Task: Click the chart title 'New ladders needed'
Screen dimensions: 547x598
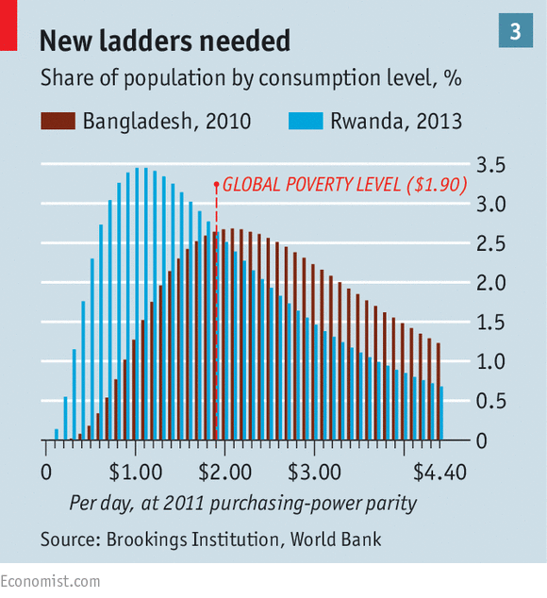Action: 165,41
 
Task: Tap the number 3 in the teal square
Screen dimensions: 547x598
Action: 515,31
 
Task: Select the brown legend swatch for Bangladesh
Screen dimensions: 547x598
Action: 58,121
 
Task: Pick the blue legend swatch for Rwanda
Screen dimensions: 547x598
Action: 306,121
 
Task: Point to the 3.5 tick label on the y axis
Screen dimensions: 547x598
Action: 491,165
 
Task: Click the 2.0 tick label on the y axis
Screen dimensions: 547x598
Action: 491,283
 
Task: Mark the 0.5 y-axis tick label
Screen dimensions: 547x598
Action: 491,401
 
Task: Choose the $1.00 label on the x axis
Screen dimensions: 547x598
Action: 136,473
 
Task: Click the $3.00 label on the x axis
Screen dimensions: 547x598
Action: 314,473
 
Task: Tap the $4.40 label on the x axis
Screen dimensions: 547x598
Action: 439,473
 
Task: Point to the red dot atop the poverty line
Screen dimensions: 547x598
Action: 216,185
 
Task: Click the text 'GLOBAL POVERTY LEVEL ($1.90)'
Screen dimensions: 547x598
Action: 345,185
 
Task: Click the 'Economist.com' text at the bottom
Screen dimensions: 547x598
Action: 50,582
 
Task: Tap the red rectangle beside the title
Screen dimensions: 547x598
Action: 8,25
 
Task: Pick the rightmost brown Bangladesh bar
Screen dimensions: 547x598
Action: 439,391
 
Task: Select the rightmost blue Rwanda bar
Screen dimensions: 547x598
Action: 441,413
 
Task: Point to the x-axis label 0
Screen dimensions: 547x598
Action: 46,473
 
